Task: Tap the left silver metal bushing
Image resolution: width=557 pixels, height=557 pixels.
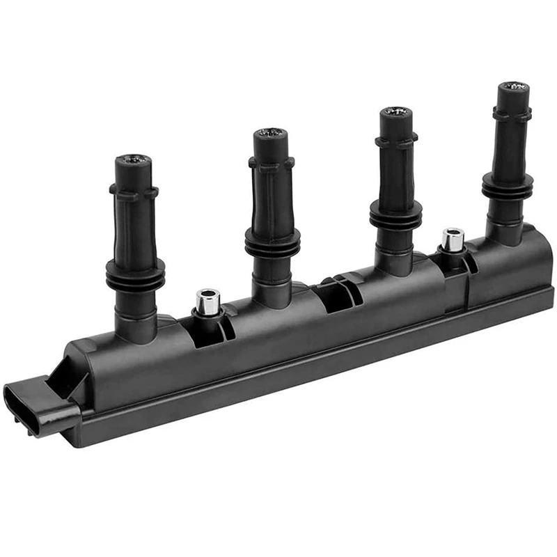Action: [x=208, y=301]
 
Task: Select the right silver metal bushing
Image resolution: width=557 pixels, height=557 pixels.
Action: [x=453, y=240]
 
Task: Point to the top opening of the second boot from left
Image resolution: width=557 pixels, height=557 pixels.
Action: [x=270, y=134]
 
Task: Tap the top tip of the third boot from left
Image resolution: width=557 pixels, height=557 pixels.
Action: [x=395, y=113]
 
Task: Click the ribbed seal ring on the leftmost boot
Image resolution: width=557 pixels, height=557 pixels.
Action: [x=135, y=273]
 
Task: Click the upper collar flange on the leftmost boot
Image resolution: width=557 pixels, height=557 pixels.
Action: [x=134, y=191]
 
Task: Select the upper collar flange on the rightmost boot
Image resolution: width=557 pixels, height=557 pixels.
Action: [x=512, y=113]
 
